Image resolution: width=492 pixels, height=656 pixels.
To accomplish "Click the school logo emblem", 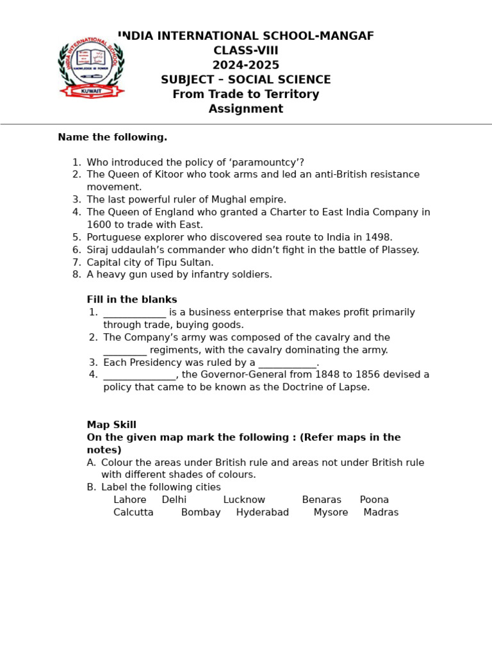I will tap(92, 66).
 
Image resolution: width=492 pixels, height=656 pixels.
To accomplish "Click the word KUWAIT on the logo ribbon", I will tap(92, 91).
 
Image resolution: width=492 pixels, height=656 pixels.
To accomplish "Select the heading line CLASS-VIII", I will tap(246, 51).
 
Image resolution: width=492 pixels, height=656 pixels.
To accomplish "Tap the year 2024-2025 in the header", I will tap(246, 65).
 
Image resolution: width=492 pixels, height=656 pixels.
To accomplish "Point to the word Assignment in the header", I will tap(246, 109).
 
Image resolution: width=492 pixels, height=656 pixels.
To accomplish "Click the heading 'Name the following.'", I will tap(112, 137).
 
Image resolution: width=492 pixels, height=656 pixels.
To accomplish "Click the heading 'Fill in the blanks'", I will tap(132, 300).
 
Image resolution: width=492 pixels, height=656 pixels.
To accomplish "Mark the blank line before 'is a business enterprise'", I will tap(135, 313).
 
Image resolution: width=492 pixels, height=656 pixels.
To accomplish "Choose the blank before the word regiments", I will tap(125, 351).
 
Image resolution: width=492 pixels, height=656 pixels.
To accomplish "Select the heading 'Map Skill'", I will tap(111, 425).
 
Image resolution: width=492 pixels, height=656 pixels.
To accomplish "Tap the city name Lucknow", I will tap(244, 500).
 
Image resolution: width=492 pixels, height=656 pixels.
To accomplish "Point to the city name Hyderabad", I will tap(262, 512).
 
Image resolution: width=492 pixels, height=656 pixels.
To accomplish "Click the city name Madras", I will tap(381, 512).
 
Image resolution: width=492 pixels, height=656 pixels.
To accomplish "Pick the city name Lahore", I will tap(130, 500).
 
